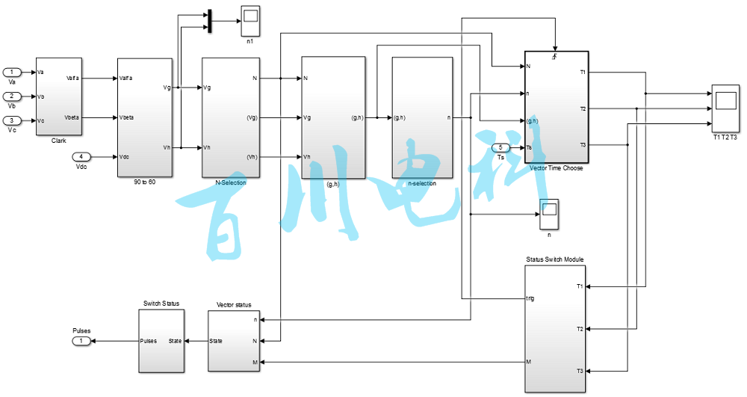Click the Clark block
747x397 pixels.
coord(59,96)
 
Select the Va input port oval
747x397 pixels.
coord(12,72)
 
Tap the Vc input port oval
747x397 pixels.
coord(12,120)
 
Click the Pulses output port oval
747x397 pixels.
coord(81,341)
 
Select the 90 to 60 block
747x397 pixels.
coord(145,117)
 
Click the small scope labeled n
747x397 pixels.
coord(549,215)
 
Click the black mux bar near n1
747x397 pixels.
coord(209,21)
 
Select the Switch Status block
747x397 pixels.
coord(161,340)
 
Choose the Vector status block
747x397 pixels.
coord(234,340)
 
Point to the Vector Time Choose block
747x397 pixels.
coord(557,106)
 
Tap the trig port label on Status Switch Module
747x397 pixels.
coord(531,298)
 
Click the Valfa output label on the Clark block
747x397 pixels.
coord(72,78)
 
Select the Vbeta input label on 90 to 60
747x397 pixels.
coord(128,117)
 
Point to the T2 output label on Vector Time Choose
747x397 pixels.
coord(582,108)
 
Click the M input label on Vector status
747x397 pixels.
coord(255,363)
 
